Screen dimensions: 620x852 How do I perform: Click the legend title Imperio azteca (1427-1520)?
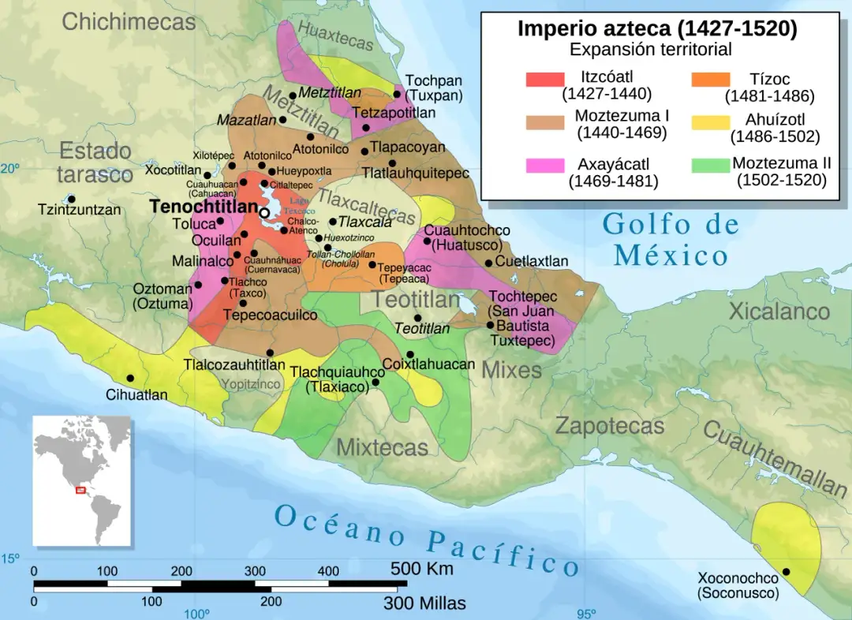656,29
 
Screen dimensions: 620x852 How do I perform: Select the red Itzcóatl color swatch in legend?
545,80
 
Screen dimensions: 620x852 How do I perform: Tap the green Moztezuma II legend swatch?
709,166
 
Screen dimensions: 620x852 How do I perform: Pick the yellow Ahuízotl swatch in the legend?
709,122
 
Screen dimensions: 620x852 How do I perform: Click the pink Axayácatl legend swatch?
545,166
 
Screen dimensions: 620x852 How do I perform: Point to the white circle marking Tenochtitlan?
265,213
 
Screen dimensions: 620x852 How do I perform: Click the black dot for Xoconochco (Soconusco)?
786,572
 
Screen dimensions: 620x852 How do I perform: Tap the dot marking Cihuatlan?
130,378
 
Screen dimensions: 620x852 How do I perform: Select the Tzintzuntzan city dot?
72,199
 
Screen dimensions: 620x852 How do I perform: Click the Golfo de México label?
671,240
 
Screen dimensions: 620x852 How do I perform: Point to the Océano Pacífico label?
426,540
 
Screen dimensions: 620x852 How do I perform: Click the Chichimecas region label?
129,22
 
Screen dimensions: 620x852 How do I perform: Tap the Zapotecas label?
609,426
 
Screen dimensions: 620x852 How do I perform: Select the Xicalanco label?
779,312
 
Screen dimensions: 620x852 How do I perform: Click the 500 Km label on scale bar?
421,569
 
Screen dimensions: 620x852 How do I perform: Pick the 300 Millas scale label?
424,603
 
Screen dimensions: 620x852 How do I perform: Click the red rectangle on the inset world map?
80,490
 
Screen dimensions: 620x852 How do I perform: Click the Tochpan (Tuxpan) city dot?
397,95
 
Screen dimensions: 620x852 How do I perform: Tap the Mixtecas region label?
382,447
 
